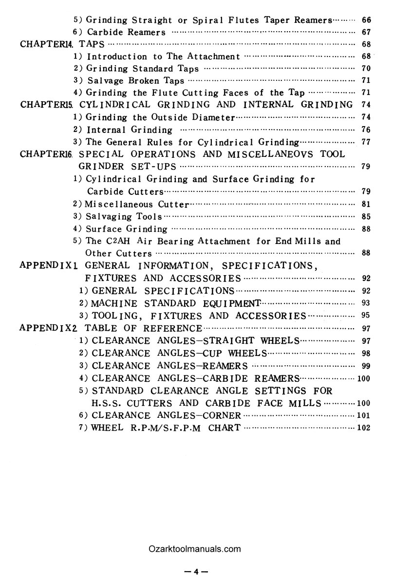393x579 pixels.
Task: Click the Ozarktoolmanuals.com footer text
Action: tap(195, 549)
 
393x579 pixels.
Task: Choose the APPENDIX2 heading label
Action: tap(50, 328)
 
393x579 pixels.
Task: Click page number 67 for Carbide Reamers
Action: tap(367, 33)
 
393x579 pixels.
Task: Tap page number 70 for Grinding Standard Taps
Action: tap(367, 69)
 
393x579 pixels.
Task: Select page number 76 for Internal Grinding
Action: tap(367, 130)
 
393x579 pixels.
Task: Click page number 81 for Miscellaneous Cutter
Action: tap(367, 204)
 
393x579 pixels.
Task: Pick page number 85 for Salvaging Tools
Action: tap(367, 216)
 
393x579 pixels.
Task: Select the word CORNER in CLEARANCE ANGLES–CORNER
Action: tap(222, 415)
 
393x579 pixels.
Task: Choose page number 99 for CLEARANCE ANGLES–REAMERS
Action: tap(367, 366)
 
